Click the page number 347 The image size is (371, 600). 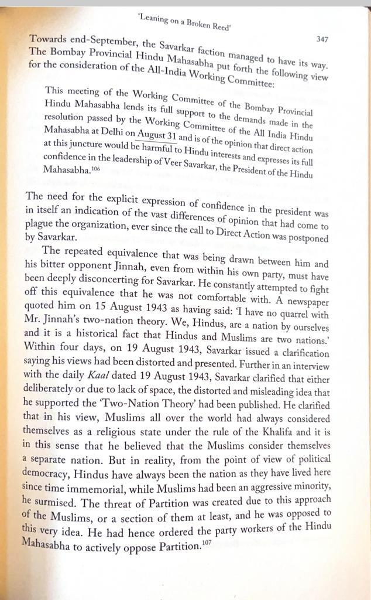321,39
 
